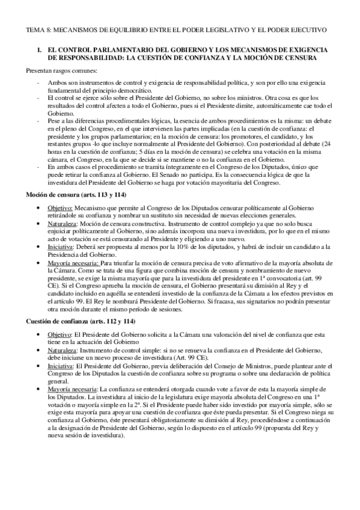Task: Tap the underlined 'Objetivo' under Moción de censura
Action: [59, 206]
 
